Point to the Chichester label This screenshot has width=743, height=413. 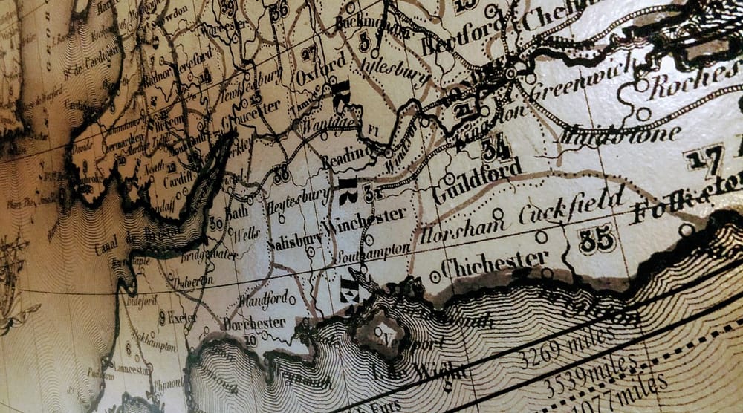[494, 264]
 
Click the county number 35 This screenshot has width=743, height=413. [597, 239]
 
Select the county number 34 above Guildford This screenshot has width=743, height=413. [496, 149]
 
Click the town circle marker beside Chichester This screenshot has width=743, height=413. [435, 277]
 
